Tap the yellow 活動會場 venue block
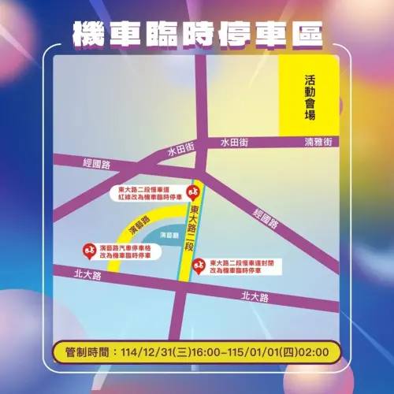(x=310, y=98)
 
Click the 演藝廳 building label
(x=168, y=235)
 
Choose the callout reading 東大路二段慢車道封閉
(x=244, y=262)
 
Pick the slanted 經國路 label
(x=266, y=217)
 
